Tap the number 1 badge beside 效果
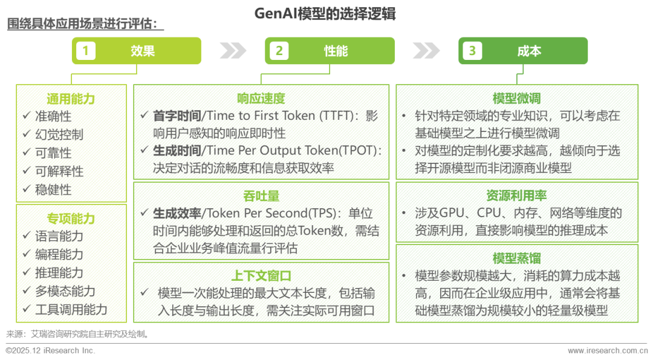pos(85,51)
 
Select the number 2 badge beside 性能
pos(279,51)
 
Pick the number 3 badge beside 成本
pos(472,51)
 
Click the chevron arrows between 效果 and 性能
pos(233,51)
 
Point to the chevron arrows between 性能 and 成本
pos(426,51)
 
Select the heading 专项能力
pos(71,218)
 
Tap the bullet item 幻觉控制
pos(59,135)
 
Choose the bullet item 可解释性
pos(59,171)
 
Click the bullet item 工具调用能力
pos(71,310)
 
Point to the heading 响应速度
pos(261,99)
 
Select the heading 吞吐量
pos(261,197)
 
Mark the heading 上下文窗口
pos(261,276)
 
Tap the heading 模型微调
pos(516,99)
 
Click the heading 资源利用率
pos(516,196)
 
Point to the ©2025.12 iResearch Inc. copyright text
pos(50,351)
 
